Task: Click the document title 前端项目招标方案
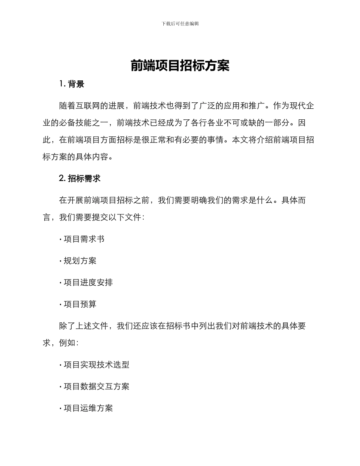click(x=180, y=66)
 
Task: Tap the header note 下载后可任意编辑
click(x=180, y=23)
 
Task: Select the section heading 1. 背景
click(x=72, y=84)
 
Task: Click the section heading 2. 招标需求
click(x=80, y=178)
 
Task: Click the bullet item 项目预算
click(x=80, y=304)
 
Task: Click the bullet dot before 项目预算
click(x=61, y=305)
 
